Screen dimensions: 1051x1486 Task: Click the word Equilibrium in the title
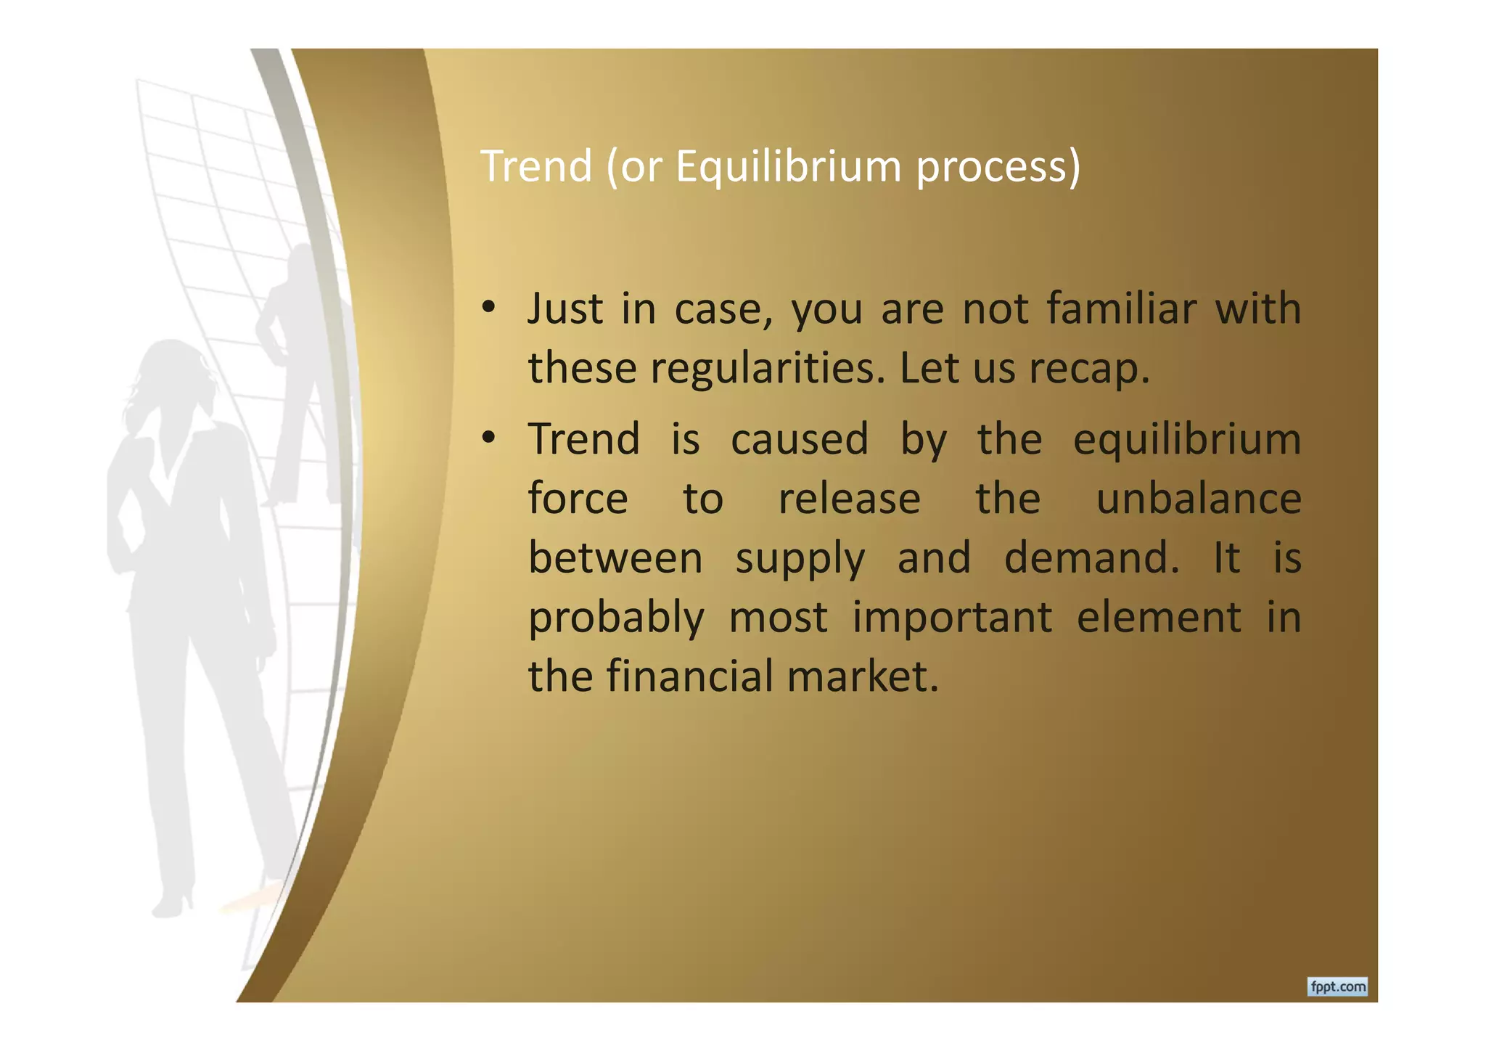pos(789,167)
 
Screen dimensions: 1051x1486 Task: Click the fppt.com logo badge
pos(1337,986)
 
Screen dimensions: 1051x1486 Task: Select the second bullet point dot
pos(488,439)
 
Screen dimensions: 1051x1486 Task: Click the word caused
pos(799,440)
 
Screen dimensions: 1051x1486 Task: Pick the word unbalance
pos(1199,499)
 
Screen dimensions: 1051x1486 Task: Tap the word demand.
pos(1091,558)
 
